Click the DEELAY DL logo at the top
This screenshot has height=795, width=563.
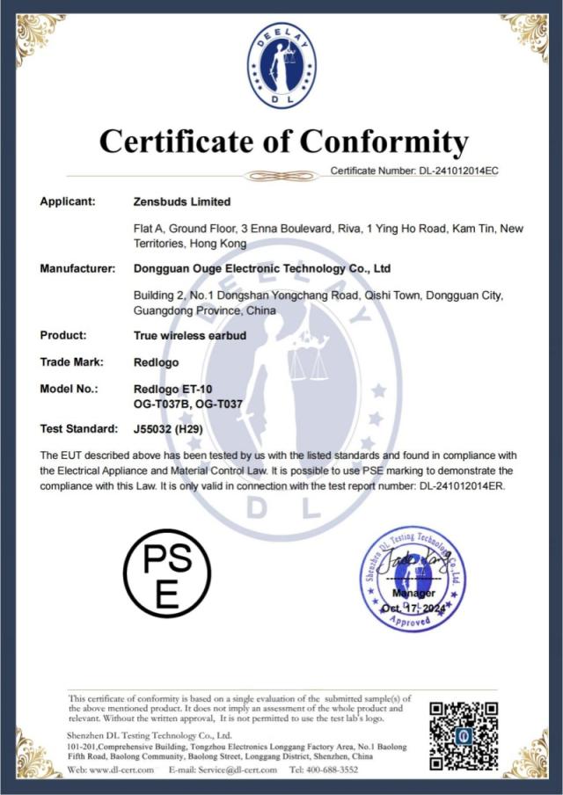coord(281,62)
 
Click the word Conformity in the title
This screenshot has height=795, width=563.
coord(384,141)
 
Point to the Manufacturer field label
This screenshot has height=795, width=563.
coord(78,267)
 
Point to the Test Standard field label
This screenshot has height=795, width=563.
coord(79,428)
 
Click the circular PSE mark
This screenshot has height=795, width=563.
coord(166,571)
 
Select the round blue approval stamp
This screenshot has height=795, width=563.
coord(413,578)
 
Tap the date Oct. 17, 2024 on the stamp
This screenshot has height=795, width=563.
coord(413,608)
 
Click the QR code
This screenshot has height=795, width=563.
coord(464,735)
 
